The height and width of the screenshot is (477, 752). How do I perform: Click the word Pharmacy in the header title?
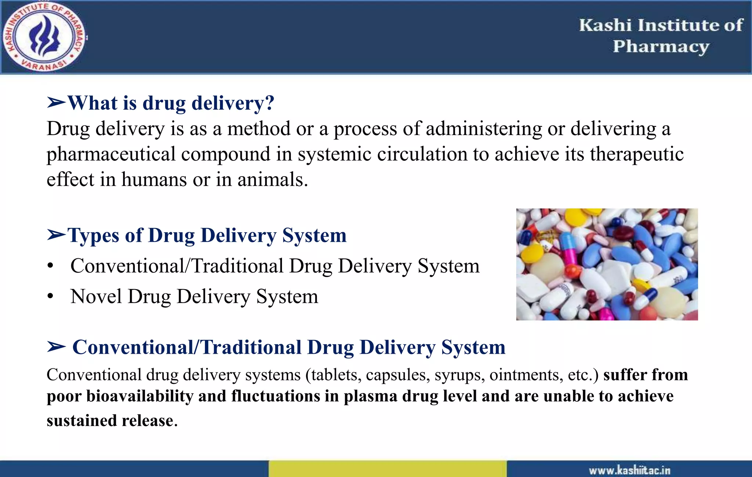pyautogui.click(x=661, y=47)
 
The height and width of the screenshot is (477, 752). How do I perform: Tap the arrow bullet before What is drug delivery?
pyautogui.click(x=56, y=103)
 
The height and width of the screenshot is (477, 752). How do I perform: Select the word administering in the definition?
pyautogui.click(x=484, y=129)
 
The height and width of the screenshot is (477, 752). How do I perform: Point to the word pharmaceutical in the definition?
pyautogui.click(x=111, y=154)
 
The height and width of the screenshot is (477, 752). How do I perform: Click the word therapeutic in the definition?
pyautogui.click(x=637, y=154)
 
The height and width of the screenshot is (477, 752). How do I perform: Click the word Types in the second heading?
pyautogui.click(x=93, y=236)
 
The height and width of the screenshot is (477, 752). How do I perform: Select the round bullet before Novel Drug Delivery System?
pyautogui.click(x=51, y=296)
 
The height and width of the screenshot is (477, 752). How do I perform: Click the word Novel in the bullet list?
pyautogui.click(x=96, y=296)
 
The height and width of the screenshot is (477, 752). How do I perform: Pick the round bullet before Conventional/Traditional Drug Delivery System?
pyautogui.click(x=51, y=266)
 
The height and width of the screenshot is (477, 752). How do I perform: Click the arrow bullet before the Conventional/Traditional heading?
pyautogui.click(x=56, y=347)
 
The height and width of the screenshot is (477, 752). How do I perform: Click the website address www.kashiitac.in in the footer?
pyautogui.click(x=629, y=470)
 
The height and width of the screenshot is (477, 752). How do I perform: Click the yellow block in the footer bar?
pyautogui.click(x=387, y=469)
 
